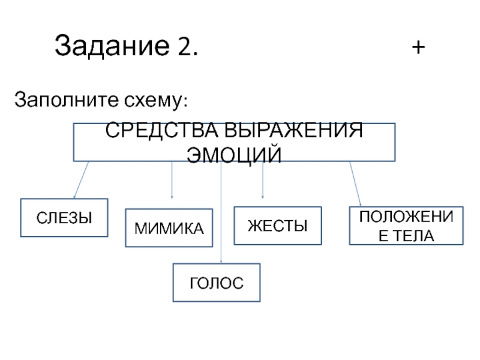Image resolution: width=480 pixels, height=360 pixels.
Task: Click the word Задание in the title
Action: click(110, 46)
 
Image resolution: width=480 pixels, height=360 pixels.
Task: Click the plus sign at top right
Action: click(419, 46)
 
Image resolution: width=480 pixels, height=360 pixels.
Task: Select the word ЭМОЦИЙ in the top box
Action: click(234, 154)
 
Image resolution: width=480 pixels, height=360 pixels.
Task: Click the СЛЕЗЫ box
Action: click(64, 218)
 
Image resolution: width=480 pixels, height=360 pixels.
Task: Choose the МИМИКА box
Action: click(169, 228)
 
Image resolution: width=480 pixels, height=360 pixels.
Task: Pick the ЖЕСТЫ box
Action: click(277, 226)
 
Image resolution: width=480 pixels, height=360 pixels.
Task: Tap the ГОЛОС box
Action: click(217, 282)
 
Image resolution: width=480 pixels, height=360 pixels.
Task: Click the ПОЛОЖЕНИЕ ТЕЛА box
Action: click(406, 226)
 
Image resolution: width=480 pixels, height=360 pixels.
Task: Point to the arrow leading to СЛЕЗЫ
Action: click(81, 180)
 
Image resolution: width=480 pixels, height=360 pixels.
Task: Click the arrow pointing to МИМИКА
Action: click(172, 180)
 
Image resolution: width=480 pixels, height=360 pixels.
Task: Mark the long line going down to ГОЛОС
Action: click(221, 216)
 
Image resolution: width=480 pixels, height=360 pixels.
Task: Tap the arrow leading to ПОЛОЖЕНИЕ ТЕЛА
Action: click(355, 183)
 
